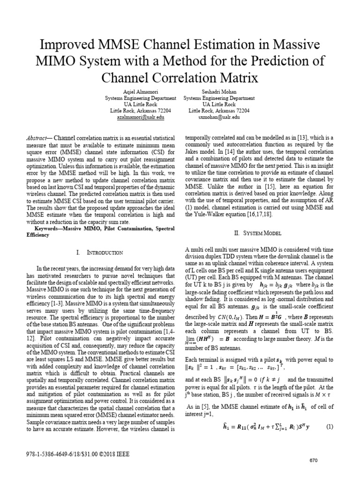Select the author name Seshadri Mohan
pyautogui.click(x=219, y=92)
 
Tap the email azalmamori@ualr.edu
pyautogui.click(x=140, y=117)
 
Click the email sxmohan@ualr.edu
pyautogui.click(x=219, y=117)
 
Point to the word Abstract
pyautogui.click(x=36, y=139)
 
